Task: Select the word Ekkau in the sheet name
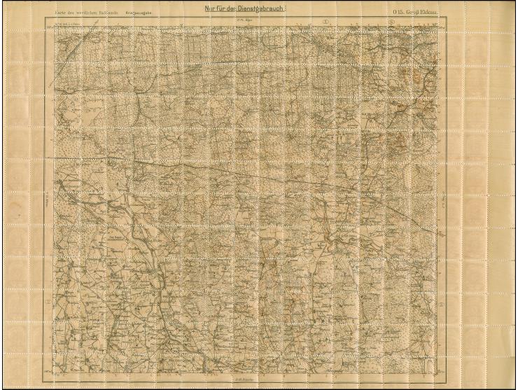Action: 441,13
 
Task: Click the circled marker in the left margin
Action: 48,302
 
